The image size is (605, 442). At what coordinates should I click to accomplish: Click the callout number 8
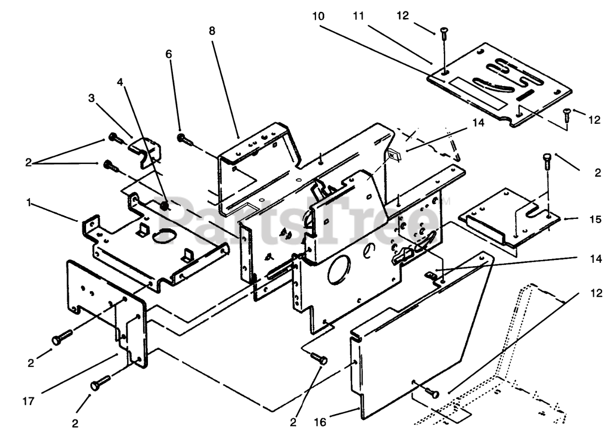point(212,31)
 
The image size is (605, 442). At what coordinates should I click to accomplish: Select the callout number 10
point(318,16)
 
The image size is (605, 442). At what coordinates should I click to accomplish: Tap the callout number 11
point(359,16)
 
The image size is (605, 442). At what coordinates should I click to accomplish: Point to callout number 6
point(169,54)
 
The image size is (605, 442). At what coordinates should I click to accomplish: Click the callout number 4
point(120,82)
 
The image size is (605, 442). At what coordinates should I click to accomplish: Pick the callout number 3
point(92,98)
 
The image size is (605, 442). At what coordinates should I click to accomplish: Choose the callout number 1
point(29,202)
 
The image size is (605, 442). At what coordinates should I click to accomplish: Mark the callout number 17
point(28,401)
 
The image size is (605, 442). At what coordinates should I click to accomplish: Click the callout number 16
point(320,423)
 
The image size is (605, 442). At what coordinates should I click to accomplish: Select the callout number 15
point(595,219)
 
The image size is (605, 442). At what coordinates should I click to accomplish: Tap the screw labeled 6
point(184,139)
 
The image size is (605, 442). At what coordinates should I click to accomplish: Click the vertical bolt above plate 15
point(547,161)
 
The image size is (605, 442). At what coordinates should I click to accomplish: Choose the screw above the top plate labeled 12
point(444,34)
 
